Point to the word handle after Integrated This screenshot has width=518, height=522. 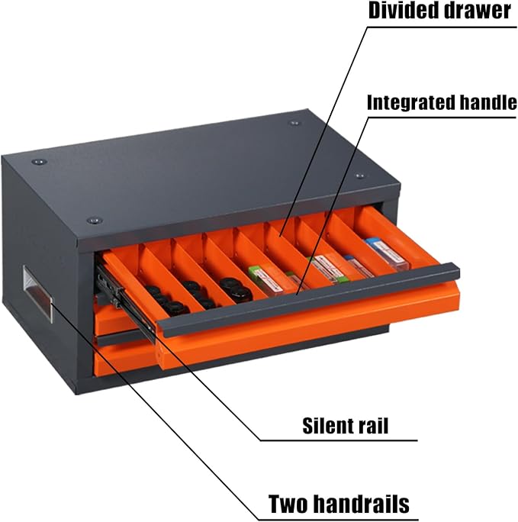coord(486,101)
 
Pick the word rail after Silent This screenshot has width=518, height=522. coord(373,425)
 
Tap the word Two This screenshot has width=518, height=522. coord(288,504)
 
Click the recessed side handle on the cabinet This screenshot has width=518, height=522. coord(37,293)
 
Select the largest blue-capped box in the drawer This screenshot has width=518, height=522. coord(387,253)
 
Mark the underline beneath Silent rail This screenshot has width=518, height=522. coord(338,440)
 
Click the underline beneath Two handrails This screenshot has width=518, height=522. coord(338,519)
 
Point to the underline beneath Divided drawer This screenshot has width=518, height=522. coord(442,26)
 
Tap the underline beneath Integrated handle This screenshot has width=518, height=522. coord(442,118)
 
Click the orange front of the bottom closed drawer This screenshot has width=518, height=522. coord(127,361)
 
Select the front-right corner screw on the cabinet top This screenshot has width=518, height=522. coord(360,176)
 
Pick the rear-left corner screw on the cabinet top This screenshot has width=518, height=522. coord(39,162)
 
